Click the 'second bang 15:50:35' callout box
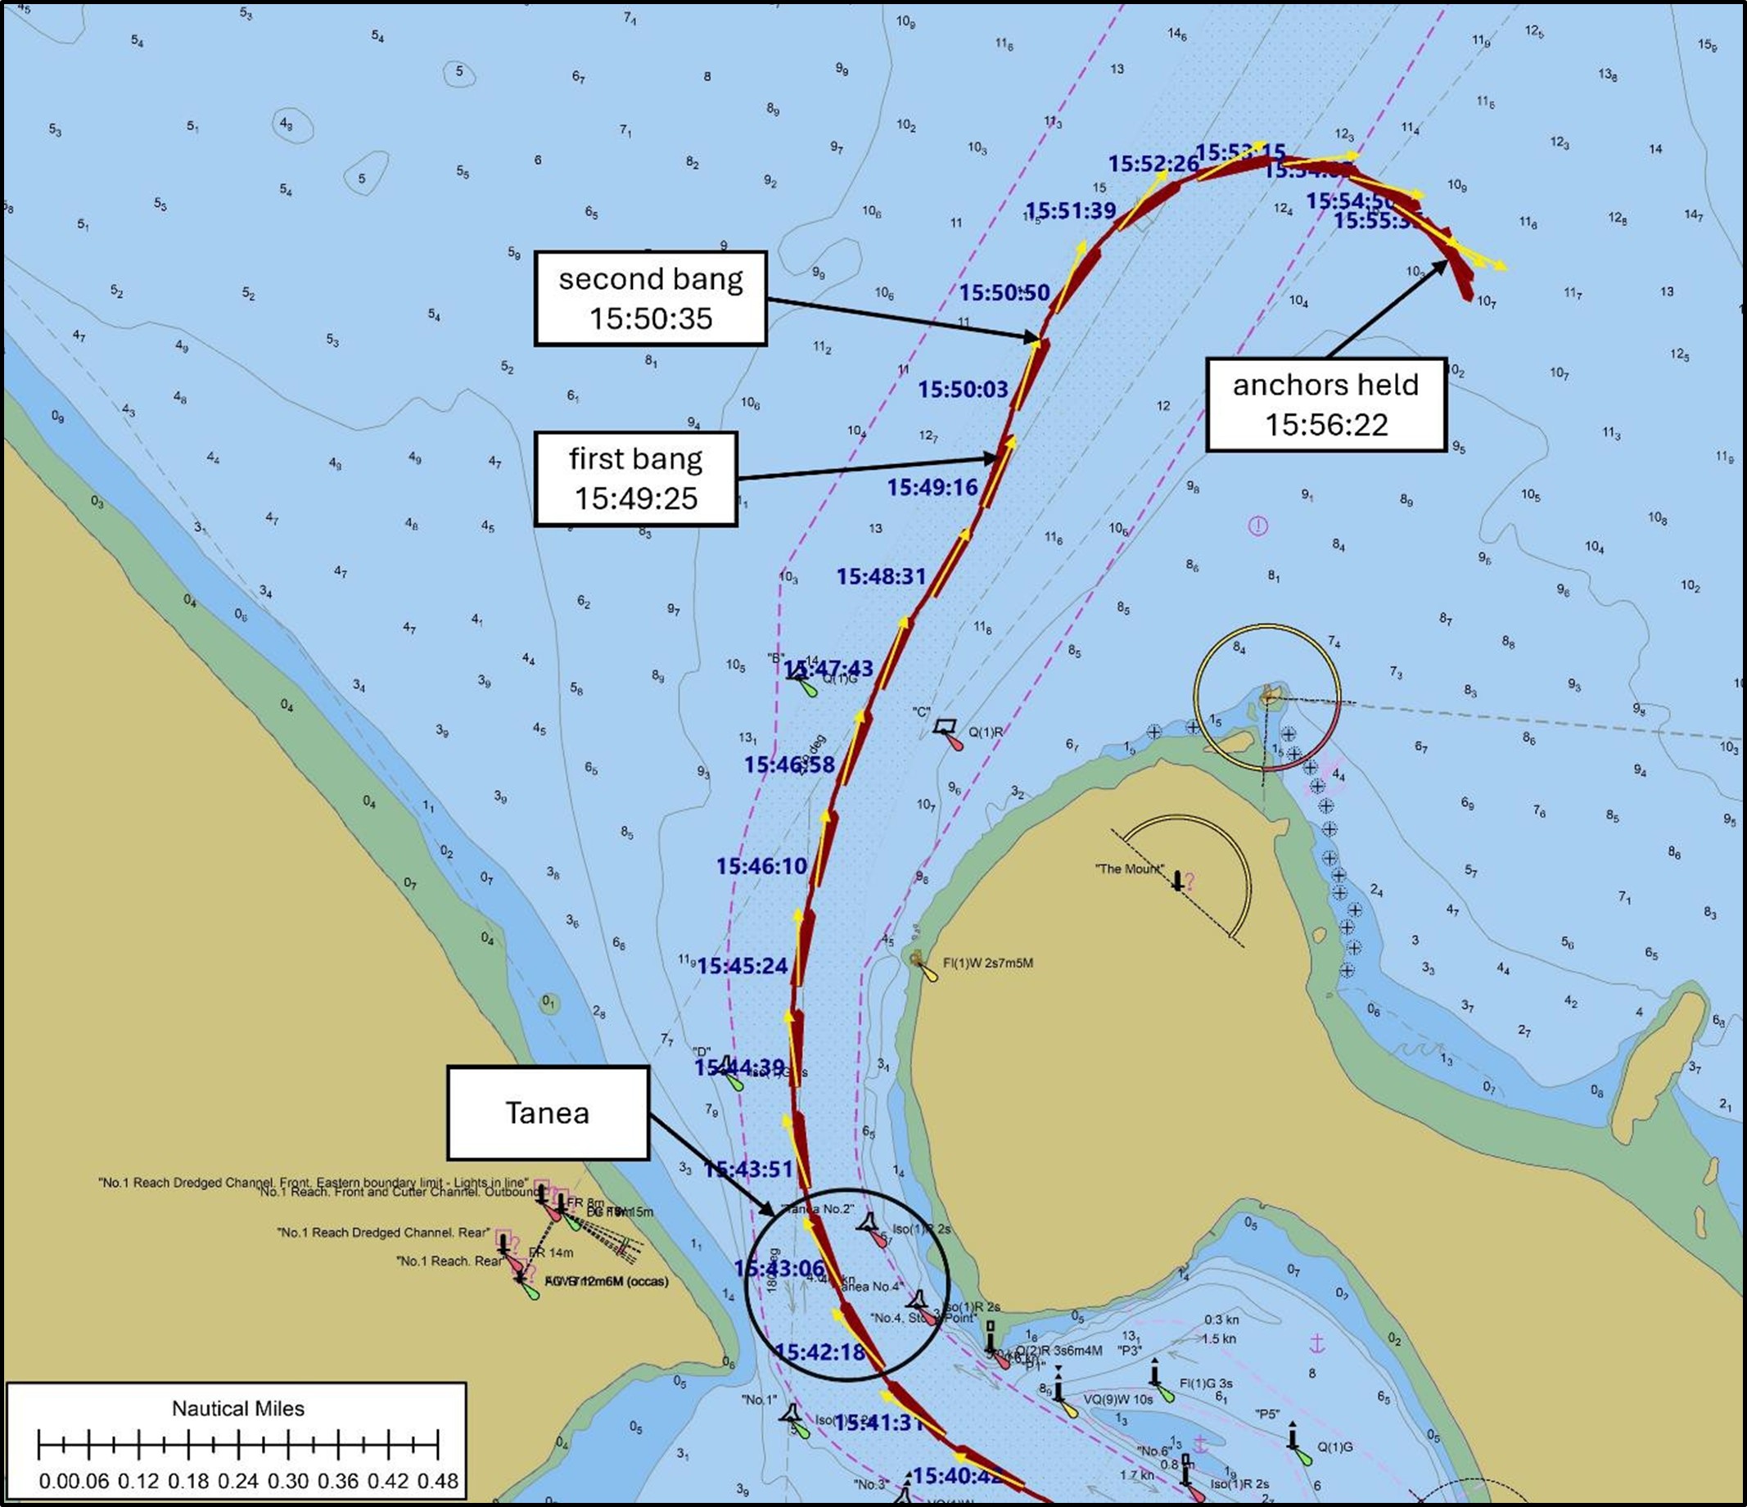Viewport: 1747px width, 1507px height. (x=650, y=298)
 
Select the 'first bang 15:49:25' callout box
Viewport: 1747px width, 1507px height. (x=636, y=479)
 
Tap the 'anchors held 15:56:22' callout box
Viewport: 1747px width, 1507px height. (x=1325, y=404)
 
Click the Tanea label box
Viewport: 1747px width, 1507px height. (x=547, y=1112)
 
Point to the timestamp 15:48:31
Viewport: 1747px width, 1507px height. (x=881, y=576)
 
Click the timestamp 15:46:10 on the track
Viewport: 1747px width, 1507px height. (x=761, y=865)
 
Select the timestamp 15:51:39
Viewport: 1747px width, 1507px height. (x=1070, y=210)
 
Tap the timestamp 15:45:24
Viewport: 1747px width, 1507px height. (x=742, y=966)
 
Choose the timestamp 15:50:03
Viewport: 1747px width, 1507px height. (x=963, y=390)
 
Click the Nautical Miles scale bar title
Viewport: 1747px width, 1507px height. (x=237, y=1409)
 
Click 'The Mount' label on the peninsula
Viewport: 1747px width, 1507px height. (x=1129, y=869)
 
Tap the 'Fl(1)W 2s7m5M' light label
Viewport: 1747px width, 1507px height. (x=987, y=963)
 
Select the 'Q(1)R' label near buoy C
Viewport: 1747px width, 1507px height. (x=986, y=733)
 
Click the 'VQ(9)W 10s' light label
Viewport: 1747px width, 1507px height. (x=1117, y=1399)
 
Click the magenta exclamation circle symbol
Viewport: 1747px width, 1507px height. (x=1258, y=527)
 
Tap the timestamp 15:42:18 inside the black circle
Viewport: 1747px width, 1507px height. (x=819, y=1353)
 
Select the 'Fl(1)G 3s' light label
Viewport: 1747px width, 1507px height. (x=1206, y=1383)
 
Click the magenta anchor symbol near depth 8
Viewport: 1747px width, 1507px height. (x=1317, y=1343)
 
